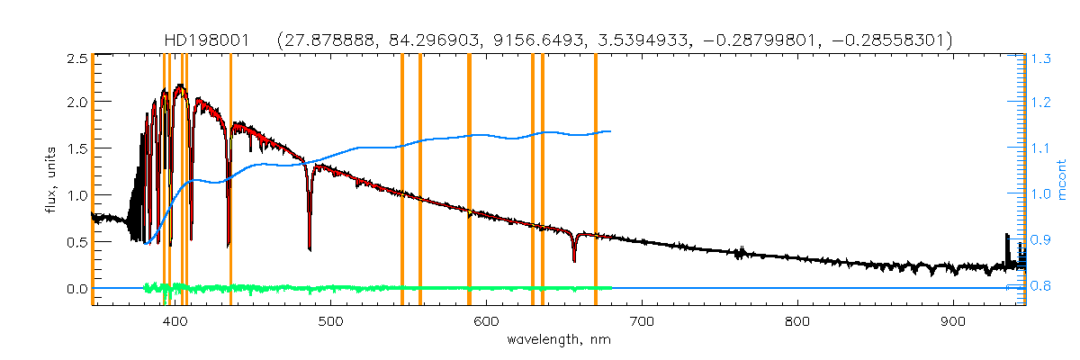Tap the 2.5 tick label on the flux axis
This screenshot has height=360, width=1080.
click(76, 58)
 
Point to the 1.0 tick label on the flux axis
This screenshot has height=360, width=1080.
click(76, 195)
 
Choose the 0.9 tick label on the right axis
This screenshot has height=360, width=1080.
click(1041, 240)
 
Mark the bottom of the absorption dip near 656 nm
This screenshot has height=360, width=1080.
click(574, 261)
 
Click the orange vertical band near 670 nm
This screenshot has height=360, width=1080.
click(596, 180)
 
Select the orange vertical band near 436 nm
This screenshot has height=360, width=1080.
click(230, 180)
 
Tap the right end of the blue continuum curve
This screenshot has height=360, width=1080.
click(611, 131)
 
